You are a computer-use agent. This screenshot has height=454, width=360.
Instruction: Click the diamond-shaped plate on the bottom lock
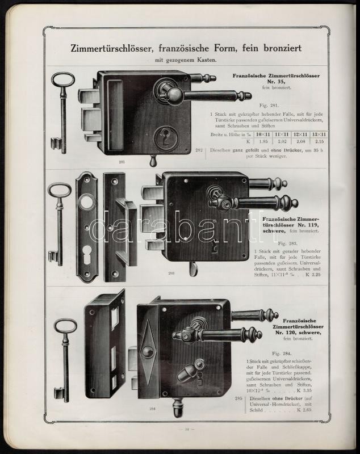pos(148,352)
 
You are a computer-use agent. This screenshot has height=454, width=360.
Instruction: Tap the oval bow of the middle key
pos(58,190)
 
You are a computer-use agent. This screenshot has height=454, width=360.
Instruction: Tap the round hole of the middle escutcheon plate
pos(87,202)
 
